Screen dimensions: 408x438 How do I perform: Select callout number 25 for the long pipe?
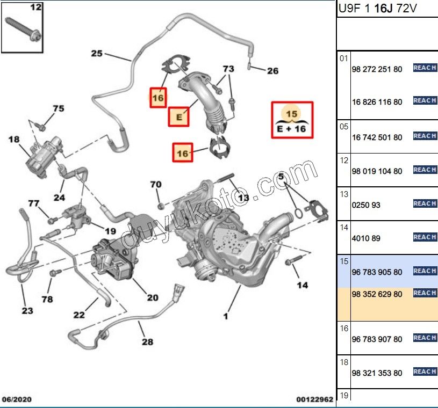tap(96, 53)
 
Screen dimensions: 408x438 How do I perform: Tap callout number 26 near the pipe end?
tap(272, 70)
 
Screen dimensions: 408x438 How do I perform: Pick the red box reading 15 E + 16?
tap(292, 120)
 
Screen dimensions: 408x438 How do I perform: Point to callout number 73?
tap(228, 69)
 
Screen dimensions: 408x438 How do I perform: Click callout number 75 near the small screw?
tap(58, 109)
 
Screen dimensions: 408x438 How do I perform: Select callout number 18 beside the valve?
tap(13, 140)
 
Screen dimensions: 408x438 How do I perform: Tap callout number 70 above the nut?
tap(155, 185)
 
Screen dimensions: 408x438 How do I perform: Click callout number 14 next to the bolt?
tap(303, 285)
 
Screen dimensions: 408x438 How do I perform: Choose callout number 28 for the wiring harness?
tap(147, 341)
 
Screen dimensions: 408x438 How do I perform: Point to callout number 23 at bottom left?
tap(27, 310)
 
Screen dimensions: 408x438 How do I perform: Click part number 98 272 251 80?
tap(377, 70)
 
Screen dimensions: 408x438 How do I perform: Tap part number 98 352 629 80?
tap(377, 294)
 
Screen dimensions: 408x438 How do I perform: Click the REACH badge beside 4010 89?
tap(424, 237)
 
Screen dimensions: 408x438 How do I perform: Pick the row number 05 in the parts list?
tap(344, 127)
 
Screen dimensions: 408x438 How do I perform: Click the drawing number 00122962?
tap(314, 399)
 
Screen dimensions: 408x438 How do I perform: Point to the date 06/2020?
tap(17, 399)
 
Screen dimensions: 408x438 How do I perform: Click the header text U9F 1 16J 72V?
tap(378, 9)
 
